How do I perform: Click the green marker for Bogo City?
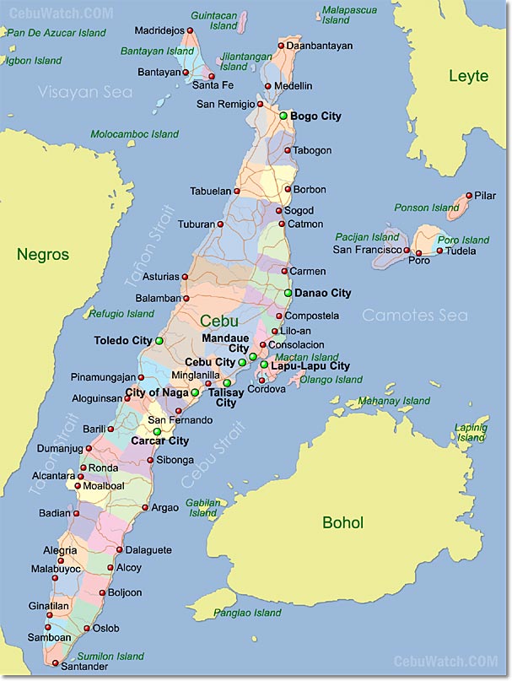coord(283,116)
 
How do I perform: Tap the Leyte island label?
coord(468,76)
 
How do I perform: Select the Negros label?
coord(41,254)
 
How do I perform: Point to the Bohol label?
coord(342,523)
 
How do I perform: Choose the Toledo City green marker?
coord(159,341)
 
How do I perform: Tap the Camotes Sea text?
coord(414,315)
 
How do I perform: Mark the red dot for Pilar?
coord(468,196)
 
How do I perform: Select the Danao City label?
coord(322,293)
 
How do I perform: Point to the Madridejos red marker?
coord(190,31)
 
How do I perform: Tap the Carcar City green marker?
coord(156,431)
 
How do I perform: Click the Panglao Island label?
coord(247,613)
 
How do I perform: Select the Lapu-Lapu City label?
coord(310,366)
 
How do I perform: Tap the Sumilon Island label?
coord(110,656)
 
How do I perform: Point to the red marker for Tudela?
coord(439,251)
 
